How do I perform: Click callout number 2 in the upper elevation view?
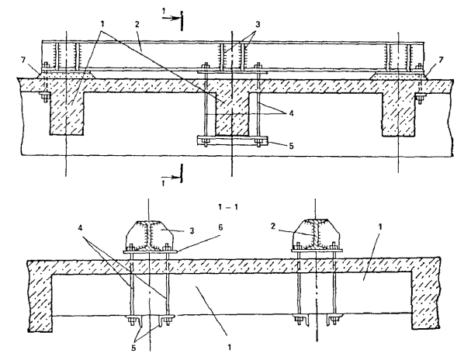(137, 25)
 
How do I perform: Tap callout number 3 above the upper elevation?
(257, 24)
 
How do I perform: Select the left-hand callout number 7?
(23, 61)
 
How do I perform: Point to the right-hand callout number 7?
(441, 60)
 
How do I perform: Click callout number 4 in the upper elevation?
(291, 113)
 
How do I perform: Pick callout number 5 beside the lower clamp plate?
(291, 146)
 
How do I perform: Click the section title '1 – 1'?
(228, 207)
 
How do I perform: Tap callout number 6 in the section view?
(221, 227)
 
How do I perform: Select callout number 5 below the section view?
(133, 348)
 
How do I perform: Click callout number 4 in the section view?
(80, 228)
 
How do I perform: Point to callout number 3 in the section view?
(192, 230)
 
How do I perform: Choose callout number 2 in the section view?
(273, 227)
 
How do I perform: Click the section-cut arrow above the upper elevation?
(171, 19)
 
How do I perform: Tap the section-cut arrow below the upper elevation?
(171, 178)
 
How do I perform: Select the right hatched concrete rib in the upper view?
(398, 113)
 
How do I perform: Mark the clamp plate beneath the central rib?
(232, 140)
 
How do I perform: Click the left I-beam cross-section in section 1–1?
(149, 235)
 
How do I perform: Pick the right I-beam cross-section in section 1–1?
(316, 234)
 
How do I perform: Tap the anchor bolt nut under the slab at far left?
(45, 97)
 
